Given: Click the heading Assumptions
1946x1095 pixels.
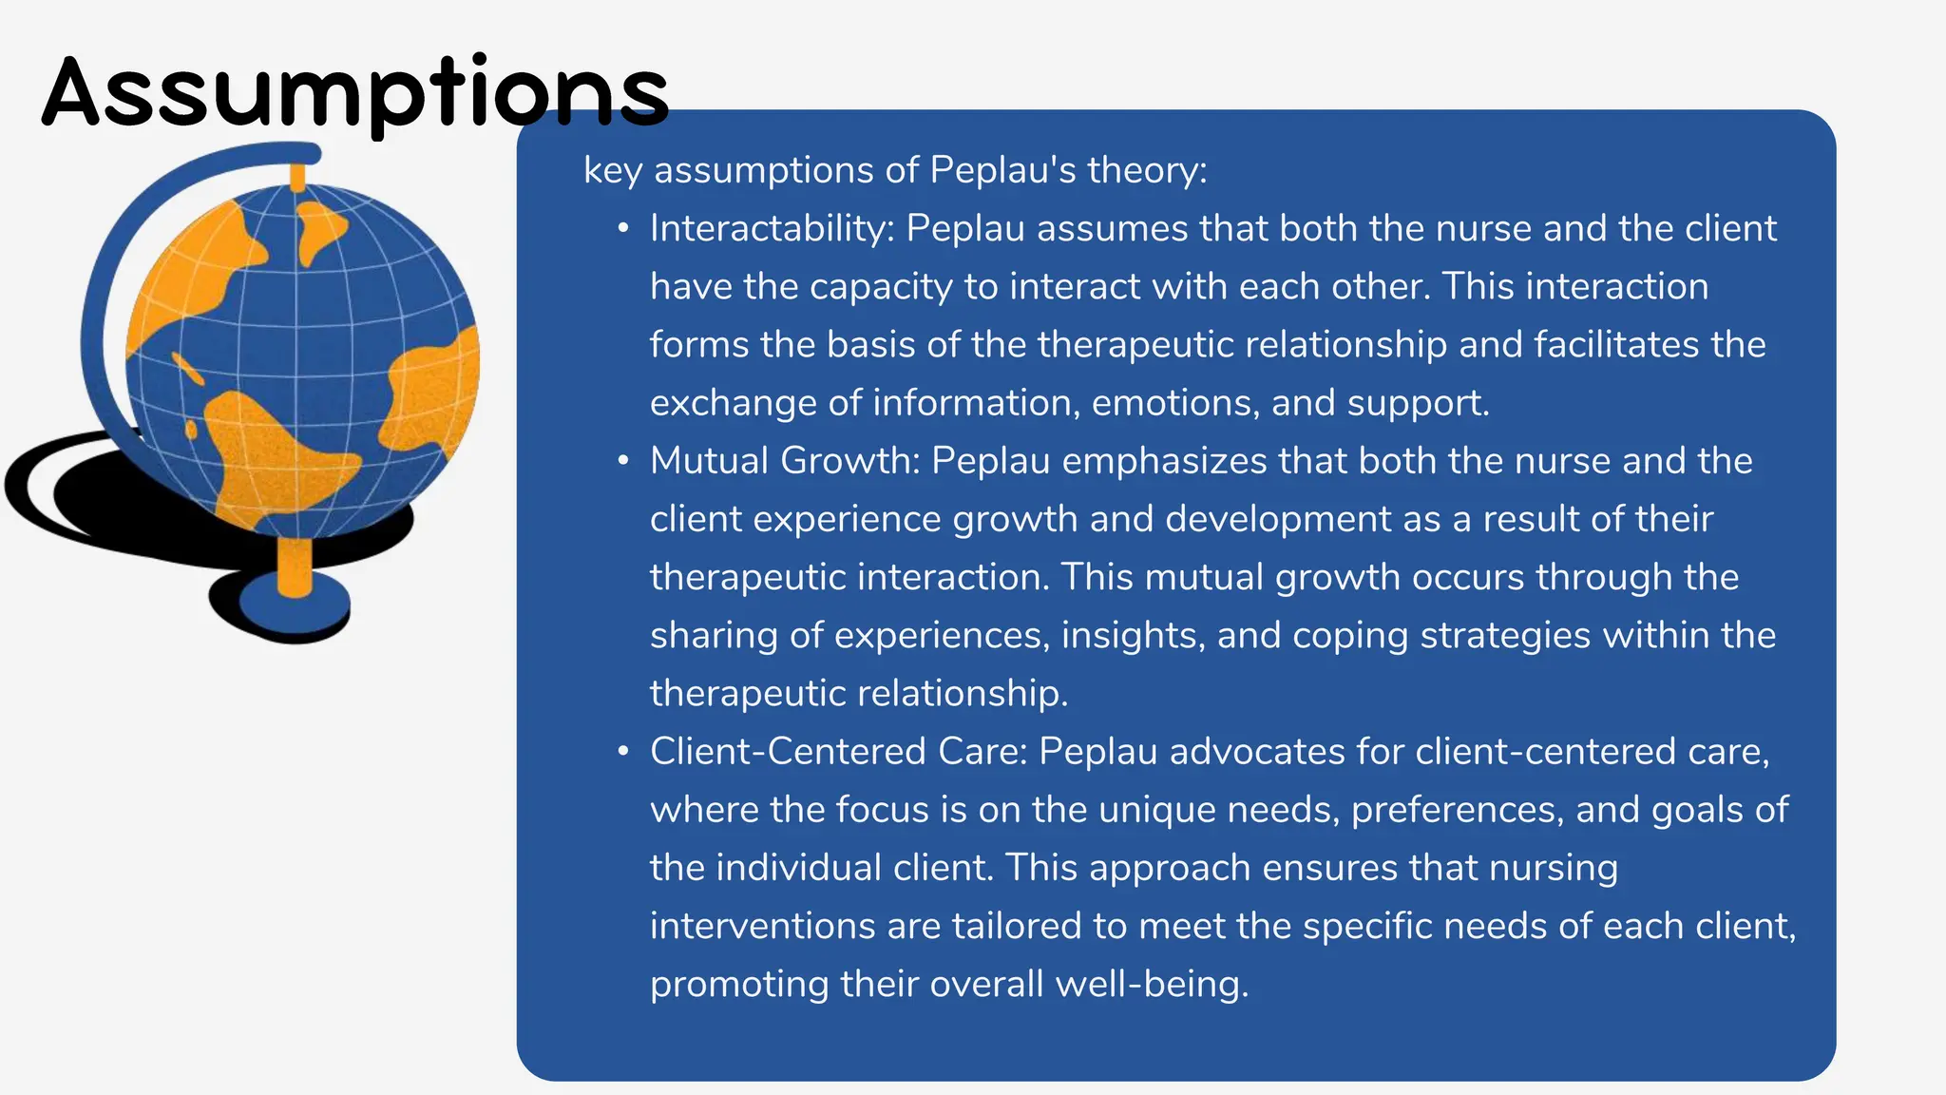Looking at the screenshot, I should tap(355, 93).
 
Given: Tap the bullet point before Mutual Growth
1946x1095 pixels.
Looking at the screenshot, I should tap(623, 461).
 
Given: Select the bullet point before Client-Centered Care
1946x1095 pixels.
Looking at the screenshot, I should tap(623, 752).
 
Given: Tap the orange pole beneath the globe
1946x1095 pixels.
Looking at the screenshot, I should tap(295, 567).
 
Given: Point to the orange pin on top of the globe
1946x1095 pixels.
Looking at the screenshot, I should tap(297, 177).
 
